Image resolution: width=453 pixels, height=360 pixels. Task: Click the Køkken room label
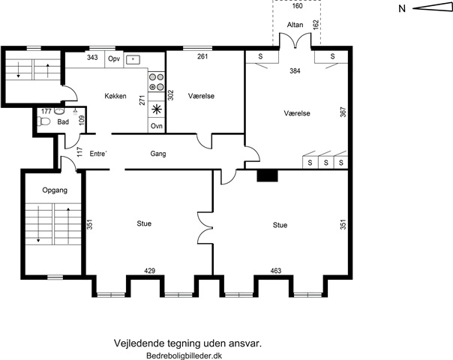[115, 96]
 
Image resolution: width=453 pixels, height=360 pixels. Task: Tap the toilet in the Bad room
[43, 121]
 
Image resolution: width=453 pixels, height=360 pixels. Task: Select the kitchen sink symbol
[133, 59]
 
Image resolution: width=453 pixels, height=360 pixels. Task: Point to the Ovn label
[157, 126]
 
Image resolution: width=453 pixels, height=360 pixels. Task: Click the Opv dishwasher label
[114, 58]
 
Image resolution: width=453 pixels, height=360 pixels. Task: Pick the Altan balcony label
[295, 25]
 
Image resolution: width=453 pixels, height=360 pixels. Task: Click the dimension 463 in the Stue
[276, 271]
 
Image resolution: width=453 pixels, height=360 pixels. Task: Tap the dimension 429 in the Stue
[150, 271]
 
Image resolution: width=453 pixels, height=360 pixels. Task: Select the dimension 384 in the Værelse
[295, 70]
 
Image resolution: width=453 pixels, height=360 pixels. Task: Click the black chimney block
[267, 175]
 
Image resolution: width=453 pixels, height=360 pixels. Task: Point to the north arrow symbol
[433, 8]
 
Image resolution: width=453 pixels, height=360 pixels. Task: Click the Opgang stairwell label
[55, 190]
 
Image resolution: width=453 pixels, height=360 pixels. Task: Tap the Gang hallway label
[158, 154]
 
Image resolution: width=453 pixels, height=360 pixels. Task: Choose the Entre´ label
[98, 154]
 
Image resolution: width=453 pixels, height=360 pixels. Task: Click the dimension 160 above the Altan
[297, 6]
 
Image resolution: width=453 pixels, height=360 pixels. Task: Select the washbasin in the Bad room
[59, 111]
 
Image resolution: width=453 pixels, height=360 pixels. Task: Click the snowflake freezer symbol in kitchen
[157, 109]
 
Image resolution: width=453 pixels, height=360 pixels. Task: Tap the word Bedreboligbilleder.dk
[184, 355]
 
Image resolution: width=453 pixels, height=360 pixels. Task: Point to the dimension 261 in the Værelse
[202, 56]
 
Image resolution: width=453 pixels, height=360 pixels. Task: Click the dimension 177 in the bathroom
[46, 111]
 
